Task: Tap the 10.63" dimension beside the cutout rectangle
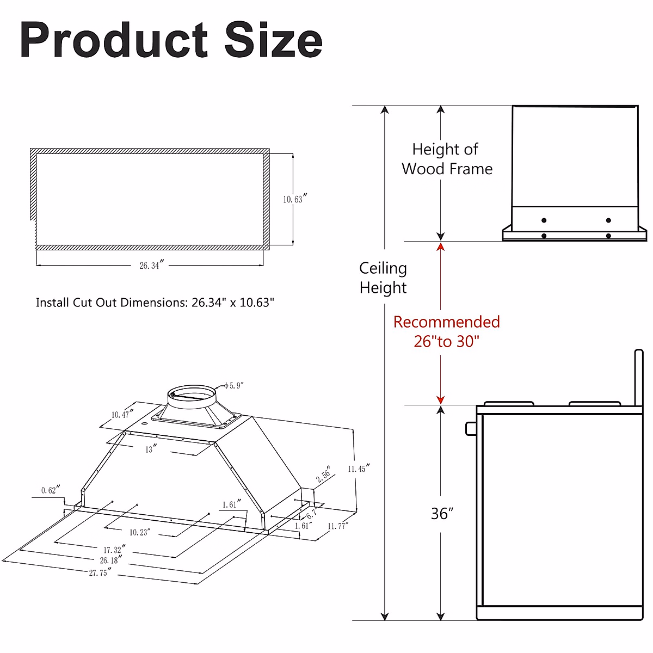[x=294, y=199]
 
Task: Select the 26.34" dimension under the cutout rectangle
[x=151, y=266]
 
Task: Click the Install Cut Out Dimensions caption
[x=155, y=303]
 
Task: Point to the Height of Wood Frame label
[x=447, y=159]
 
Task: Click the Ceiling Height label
[x=383, y=278]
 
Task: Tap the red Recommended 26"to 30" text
[x=446, y=331]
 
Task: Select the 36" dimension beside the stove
[x=442, y=514]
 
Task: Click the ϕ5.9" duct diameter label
[x=233, y=386]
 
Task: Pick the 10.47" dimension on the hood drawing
[x=122, y=415]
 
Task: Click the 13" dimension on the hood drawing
[x=150, y=449]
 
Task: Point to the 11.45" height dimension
[x=358, y=469]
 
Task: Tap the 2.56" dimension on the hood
[x=324, y=474]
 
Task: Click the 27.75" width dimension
[x=100, y=572]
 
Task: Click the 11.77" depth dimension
[x=337, y=526]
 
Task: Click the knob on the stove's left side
[x=471, y=428]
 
